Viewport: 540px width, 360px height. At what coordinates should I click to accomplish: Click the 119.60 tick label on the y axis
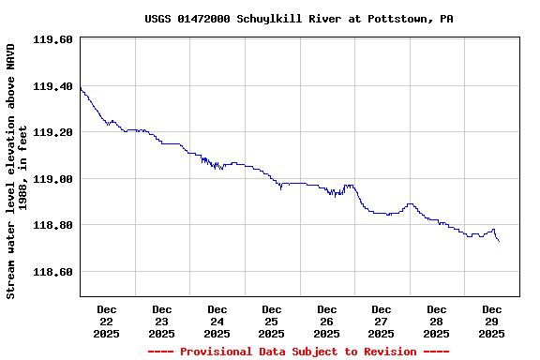(52, 39)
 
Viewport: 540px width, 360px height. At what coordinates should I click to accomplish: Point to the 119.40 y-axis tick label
(52, 86)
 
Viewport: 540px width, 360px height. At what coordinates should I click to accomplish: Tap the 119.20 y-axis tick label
(52, 132)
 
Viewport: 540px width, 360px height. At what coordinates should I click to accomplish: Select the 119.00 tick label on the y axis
(52, 179)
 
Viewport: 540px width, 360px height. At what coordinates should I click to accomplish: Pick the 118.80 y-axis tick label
(52, 225)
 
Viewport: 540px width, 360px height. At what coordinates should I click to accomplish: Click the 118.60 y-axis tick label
(52, 272)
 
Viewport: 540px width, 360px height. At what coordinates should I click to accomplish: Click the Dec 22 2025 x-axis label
(107, 321)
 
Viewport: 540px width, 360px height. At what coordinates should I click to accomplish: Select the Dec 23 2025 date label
(162, 321)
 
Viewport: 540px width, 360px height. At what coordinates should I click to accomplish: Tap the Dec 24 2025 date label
(217, 321)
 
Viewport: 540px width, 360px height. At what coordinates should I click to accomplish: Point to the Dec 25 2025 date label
(272, 321)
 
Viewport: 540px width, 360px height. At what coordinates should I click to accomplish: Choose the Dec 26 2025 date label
(326, 321)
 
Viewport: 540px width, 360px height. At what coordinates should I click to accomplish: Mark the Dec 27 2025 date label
(382, 321)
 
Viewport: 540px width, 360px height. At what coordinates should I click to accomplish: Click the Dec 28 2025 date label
(437, 321)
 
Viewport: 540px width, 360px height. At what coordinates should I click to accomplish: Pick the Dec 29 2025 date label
(491, 321)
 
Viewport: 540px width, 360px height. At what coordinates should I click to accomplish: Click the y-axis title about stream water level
(17, 171)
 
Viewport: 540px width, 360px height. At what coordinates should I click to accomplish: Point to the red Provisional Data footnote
(298, 352)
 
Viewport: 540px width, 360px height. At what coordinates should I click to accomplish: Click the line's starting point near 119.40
(82, 88)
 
